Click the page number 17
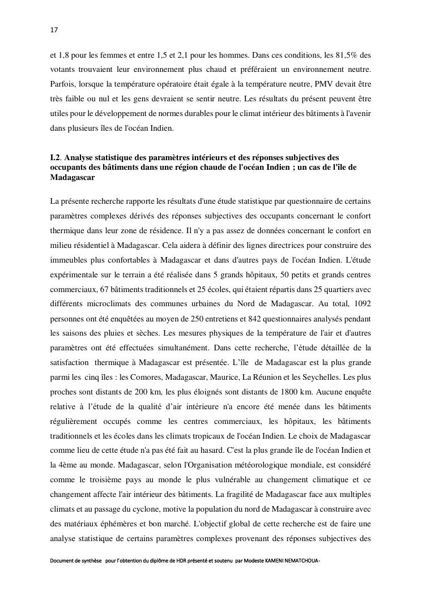54,29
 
